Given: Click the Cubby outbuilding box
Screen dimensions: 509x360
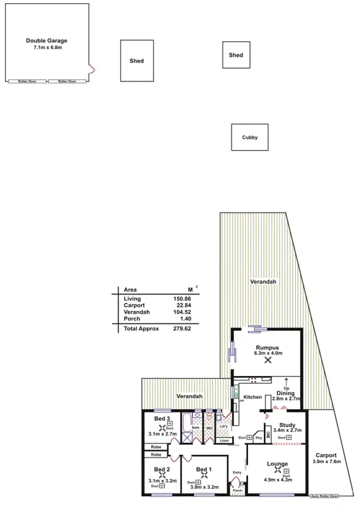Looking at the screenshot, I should tap(249, 137).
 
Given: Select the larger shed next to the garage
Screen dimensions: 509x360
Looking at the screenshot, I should tap(137, 61).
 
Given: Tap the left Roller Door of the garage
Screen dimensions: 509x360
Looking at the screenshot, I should tap(26, 81).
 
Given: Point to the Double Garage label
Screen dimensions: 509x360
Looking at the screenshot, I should tap(46, 41).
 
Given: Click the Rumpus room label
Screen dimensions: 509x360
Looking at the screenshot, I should tap(268, 347).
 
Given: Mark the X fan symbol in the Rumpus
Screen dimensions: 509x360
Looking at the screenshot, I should tap(268, 360).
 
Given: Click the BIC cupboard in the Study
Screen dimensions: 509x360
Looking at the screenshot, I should tap(268, 435).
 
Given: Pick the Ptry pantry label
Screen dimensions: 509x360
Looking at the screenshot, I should tap(258, 438).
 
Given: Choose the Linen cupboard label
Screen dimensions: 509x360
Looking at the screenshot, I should tap(224, 440).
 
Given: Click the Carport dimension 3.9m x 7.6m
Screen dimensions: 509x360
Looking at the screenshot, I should tap(328, 462).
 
